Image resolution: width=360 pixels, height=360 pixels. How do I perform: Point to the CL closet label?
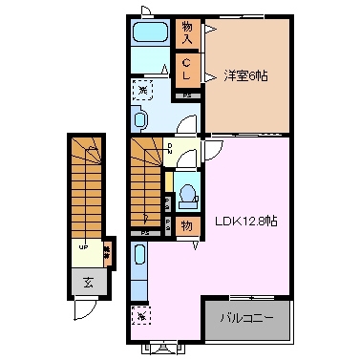click(x=187, y=69)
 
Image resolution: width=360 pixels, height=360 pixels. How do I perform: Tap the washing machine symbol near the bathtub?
click(x=142, y=89)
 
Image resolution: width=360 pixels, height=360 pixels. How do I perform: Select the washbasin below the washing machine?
click(x=141, y=120)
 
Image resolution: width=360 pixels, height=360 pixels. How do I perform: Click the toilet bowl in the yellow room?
click(x=187, y=193)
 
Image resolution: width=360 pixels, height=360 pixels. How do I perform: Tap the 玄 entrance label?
click(x=88, y=283)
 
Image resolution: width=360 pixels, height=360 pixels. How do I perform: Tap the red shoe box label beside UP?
click(x=107, y=249)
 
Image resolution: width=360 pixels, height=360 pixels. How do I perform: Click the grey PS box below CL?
click(x=187, y=94)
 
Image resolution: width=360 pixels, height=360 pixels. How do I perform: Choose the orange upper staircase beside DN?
click(x=146, y=181)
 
